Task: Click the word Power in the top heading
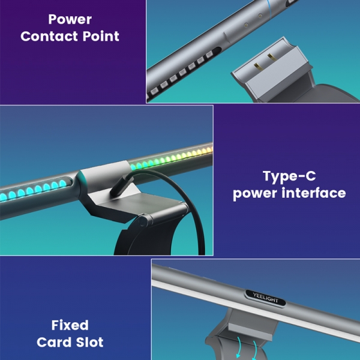pos(70,19)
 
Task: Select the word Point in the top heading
pos(101,36)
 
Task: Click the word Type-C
pos(289,176)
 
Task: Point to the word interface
pos(314,193)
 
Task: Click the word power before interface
pos(256,194)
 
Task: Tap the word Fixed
pos(70,325)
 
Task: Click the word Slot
pos(90,342)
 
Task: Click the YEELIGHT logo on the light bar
pos(265,298)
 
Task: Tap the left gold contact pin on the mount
pos(257,67)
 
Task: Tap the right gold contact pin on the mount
pos(272,57)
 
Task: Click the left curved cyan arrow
pos(239,347)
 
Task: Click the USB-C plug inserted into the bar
pos(121,185)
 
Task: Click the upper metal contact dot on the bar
pos(260,16)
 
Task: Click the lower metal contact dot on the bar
pos(246,25)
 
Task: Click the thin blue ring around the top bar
pos(269,9)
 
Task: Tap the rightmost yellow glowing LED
pos(209,150)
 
